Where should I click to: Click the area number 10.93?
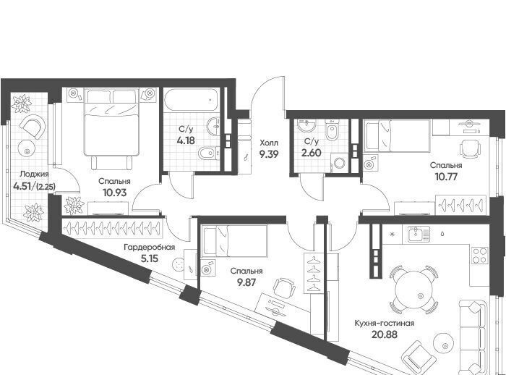(x=114, y=193)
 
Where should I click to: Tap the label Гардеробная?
(x=150, y=248)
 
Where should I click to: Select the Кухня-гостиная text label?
(x=384, y=324)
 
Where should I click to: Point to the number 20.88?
(x=384, y=334)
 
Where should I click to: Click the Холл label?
(x=269, y=143)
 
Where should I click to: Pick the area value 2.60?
(x=311, y=153)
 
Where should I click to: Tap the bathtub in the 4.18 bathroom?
(x=192, y=100)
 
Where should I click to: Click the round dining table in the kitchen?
(x=415, y=290)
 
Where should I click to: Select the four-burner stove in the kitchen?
(x=479, y=255)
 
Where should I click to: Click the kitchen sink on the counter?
(x=419, y=234)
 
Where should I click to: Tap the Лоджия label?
(x=34, y=174)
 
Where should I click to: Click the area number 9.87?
(x=246, y=282)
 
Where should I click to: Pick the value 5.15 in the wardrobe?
(x=150, y=258)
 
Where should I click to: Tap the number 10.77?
(x=446, y=177)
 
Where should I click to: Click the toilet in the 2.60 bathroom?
(x=332, y=130)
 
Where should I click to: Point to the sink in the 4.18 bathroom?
(x=213, y=126)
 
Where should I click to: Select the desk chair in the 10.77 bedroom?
(x=470, y=149)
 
